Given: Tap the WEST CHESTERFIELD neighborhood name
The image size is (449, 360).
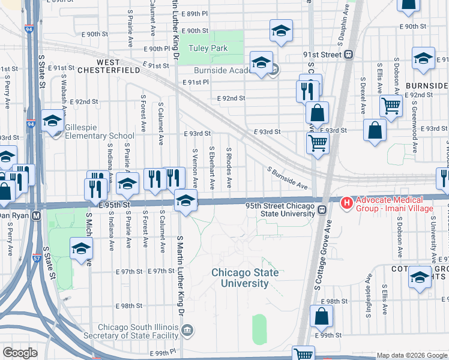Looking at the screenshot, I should (x=118, y=66).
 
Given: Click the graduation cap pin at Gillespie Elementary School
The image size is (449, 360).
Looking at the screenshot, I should (x=53, y=121).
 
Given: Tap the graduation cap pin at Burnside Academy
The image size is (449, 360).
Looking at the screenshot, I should (x=261, y=63).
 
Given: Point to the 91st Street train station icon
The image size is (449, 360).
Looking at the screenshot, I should (x=348, y=55).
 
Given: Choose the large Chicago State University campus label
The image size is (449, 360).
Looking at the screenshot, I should (x=245, y=278).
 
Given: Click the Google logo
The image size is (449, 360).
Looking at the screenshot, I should (x=20, y=353).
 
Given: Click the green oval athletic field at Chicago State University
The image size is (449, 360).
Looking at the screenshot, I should (x=259, y=329).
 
